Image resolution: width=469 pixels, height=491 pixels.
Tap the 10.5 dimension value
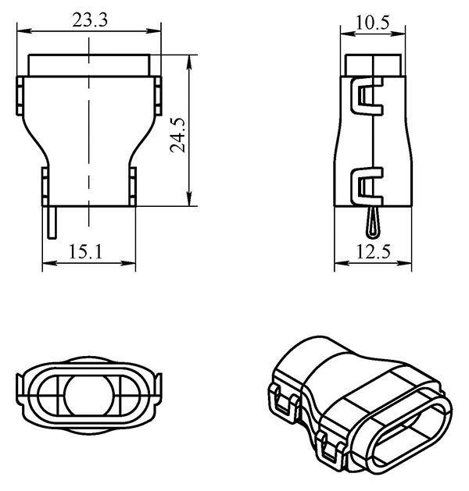(x=373, y=22)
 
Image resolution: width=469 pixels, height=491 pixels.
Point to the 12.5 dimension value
(x=373, y=251)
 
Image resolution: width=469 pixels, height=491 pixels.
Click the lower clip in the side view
(x=367, y=186)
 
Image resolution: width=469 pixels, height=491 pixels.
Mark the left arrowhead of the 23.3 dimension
(x=21, y=31)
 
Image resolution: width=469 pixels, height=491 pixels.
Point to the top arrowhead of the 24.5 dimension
(x=190, y=59)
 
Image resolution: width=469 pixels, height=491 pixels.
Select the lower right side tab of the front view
(x=133, y=184)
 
